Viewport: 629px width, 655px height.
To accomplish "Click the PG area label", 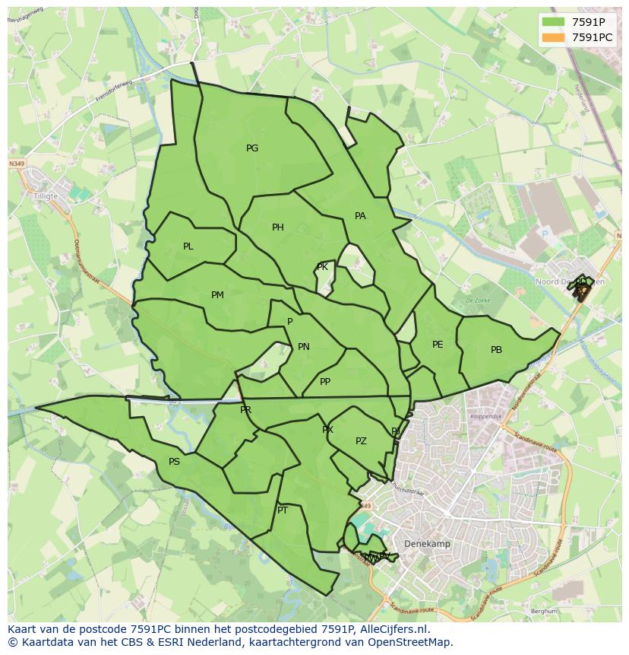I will point(252,148).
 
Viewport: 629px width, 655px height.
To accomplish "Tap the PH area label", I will point(278,227).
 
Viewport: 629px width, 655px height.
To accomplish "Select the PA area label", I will point(360,216).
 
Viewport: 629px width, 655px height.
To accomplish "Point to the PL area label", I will point(188,246).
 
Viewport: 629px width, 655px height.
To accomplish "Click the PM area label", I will point(217,295).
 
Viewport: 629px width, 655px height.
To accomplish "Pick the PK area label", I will point(323,267).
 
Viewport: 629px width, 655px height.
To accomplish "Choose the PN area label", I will point(304,347).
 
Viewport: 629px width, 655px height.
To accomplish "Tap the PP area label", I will point(325,382).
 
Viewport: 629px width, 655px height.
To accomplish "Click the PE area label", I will point(438,345).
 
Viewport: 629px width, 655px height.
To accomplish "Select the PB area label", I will point(496,350).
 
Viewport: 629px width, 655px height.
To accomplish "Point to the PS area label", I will point(174,462).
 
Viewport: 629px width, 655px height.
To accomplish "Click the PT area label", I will point(283,510).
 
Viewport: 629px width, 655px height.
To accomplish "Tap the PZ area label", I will point(361,441).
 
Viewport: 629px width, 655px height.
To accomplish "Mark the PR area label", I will point(245,410).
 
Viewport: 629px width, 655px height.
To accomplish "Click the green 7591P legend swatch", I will point(554,22).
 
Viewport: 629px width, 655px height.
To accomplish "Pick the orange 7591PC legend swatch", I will point(554,37).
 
